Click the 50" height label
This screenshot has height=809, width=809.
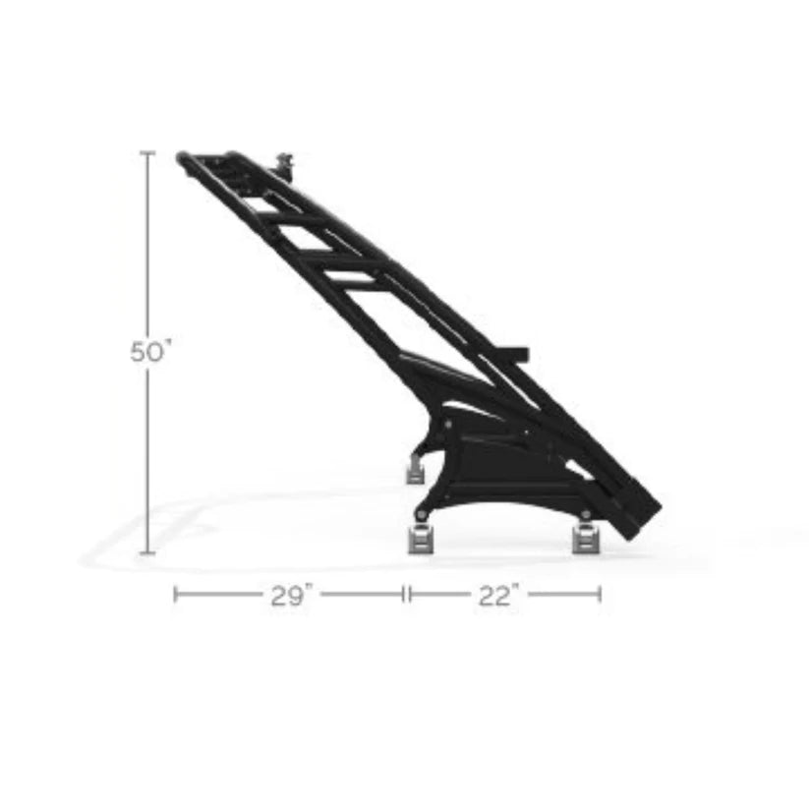point(150,352)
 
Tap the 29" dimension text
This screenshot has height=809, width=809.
point(291,596)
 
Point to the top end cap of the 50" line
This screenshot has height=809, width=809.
point(147,153)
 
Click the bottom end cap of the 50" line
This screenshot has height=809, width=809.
point(147,552)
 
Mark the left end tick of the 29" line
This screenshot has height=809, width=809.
point(175,593)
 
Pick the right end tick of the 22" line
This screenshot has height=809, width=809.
point(600,593)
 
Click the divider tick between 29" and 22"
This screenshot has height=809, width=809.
point(406,593)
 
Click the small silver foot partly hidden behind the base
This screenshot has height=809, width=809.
point(416,471)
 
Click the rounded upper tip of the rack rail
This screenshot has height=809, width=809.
point(183,156)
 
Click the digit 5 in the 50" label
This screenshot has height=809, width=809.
point(139,352)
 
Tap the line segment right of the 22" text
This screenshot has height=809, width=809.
point(564,593)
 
